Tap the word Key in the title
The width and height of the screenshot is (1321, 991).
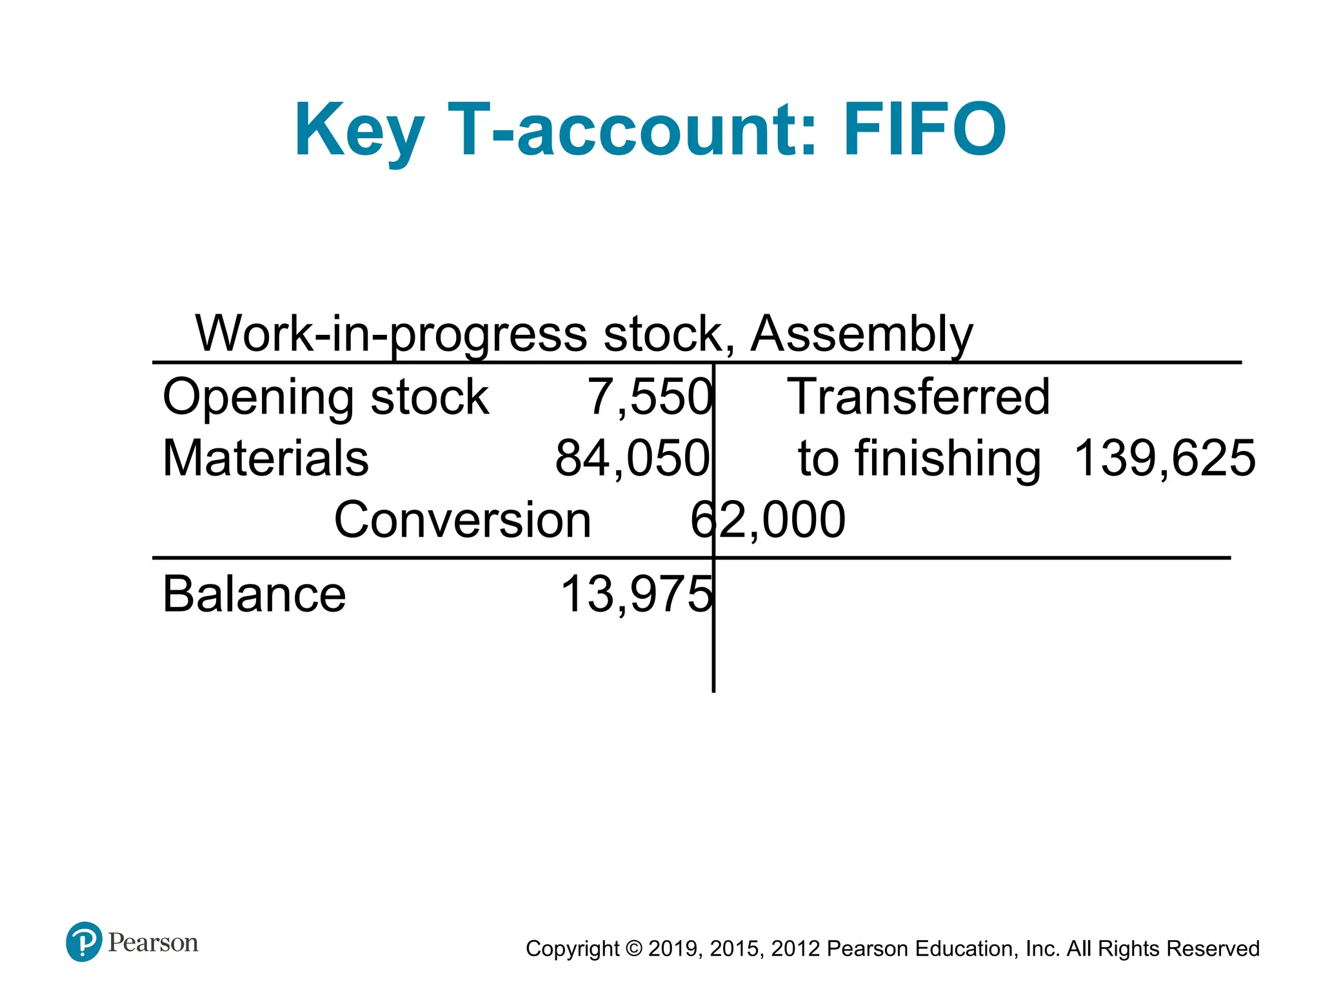click(x=359, y=131)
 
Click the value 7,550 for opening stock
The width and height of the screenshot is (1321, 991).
click(x=649, y=396)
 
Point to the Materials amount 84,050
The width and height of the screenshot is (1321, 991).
click(x=632, y=458)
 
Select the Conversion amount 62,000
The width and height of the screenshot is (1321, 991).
click(x=768, y=519)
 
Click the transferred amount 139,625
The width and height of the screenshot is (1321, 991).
click(x=1165, y=458)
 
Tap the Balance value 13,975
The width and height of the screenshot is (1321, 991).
click(x=636, y=594)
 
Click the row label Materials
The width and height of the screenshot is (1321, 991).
click(x=266, y=458)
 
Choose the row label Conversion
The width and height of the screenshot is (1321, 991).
click(x=462, y=519)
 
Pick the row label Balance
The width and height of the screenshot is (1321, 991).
click(x=254, y=594)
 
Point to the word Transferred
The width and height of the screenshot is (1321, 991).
click(x=919, y=396)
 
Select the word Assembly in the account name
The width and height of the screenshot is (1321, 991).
click(x=862, y=334)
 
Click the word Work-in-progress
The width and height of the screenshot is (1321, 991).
click(x=391, y=334)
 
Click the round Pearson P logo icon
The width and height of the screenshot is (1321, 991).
click(x=84, y=942)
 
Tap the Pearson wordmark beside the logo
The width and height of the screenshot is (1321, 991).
click(x=153, y=943)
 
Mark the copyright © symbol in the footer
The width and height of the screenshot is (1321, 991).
click(x=634, y=948)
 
